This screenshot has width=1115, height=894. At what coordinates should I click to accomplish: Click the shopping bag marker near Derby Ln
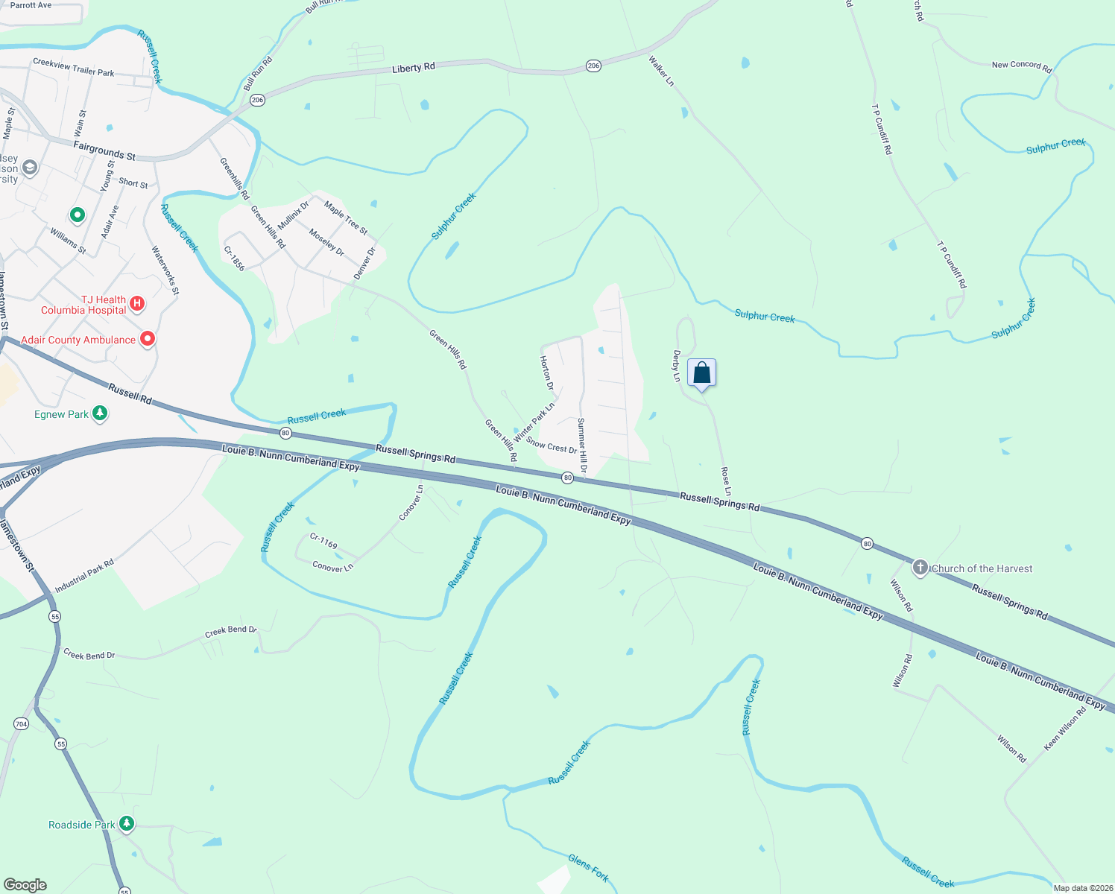tap(701, 373)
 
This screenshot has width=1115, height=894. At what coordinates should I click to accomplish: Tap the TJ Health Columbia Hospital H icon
tap(137, 303)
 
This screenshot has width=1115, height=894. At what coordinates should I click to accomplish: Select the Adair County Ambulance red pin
tap(148, 340)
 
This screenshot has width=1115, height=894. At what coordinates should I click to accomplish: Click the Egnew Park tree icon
tap(100, 413)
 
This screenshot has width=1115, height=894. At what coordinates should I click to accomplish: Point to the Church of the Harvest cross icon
tap(920, 568)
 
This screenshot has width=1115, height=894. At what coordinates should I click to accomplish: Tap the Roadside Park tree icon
tap(127, 823)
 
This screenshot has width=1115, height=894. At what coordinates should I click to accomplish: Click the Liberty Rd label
tap(414, 68)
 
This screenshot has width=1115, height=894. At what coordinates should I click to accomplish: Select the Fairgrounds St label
tap(104, 151)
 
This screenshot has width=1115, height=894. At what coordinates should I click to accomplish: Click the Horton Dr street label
tap(547, 372)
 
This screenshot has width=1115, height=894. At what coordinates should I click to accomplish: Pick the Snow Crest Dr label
tap(552, 446)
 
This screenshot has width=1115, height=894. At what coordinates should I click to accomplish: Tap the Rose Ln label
tap(726, 481)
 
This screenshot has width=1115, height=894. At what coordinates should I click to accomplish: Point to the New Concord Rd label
tap(1021, 66)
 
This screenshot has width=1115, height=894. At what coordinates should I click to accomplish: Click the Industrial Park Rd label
tap(84, 576)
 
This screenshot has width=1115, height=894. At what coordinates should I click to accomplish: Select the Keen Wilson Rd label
tap(1065, 729)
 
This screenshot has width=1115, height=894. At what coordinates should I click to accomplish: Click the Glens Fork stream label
tap(589, 868)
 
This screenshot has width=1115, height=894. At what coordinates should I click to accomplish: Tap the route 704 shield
tap(21, 723)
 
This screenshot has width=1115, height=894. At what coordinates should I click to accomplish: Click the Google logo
tap(25, 884)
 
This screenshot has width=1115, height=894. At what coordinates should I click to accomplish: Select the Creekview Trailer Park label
tap(74, 67)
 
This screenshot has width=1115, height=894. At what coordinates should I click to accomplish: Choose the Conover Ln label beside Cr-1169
tap(332, 567)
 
